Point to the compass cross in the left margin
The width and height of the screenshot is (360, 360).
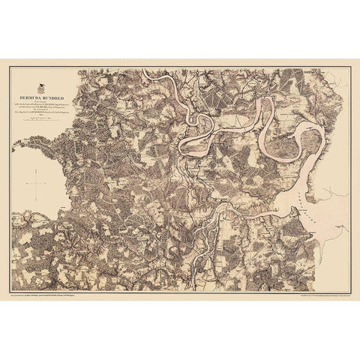[x=36, y=182]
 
